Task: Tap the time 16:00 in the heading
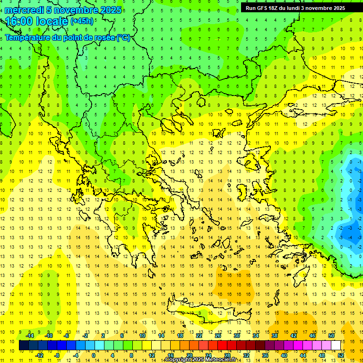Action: pos(18,21)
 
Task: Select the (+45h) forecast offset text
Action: pos(82,21)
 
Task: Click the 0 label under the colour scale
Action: pos(94,355)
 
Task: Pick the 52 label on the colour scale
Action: pos(341,355)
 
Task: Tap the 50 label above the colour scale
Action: pos(331,336)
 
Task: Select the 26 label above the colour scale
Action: pos(218,336)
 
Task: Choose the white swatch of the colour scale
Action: pos(336,346)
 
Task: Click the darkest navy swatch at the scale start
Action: pos(24,346)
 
